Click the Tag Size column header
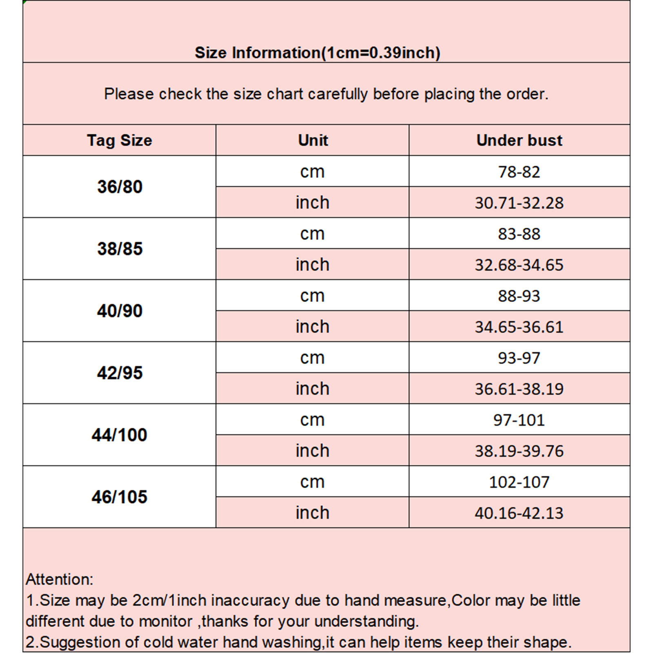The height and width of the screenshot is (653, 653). [x=119, y=140]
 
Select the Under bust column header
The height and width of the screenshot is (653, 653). [x=519, y=140]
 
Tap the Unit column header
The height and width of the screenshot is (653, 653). [x=313, y=140]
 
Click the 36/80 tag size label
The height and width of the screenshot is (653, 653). [x=120, y=187]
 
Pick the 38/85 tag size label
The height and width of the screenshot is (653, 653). [x=120, y=249]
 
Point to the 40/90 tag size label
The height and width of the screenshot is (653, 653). [x=120, y=311]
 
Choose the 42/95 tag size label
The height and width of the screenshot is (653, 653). [x=120, y=373]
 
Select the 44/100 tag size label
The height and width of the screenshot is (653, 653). [x=119, y=435]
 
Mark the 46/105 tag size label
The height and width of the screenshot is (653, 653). [x=119, y=497]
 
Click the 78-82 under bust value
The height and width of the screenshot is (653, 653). [x=519, y=172]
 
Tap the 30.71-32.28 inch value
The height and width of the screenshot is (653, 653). [x=519, y=203]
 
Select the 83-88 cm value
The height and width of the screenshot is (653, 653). [x=519, y=234]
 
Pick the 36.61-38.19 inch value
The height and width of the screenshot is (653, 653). [x=519, y=389]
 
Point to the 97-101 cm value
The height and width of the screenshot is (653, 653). [x=519, y=420]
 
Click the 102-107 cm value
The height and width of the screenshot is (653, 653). [x=519, y=482]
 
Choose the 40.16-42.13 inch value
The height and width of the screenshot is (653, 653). [x=519, y=513]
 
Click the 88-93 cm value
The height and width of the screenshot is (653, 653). [x=519, y=296]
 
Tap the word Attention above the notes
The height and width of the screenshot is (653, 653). [x=60, y=580]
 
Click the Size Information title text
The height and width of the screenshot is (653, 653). [x=317, y=53]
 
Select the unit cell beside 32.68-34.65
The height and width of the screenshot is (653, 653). [x=312, y=265]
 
